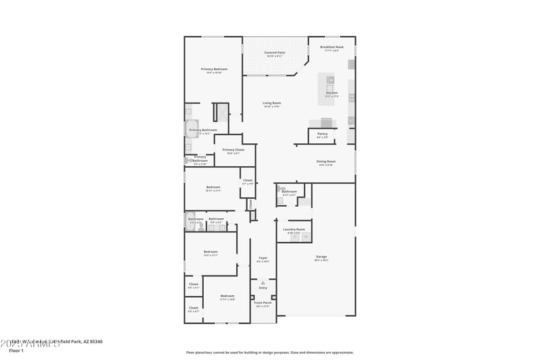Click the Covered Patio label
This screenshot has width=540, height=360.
coord(274,52)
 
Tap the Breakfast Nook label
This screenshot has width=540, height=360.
coord(332,47)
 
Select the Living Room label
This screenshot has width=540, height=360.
coord(271,103)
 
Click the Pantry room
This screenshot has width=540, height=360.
coord(322,135)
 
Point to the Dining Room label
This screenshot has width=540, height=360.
coord(326,161)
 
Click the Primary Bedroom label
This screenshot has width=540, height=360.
coord(214,69)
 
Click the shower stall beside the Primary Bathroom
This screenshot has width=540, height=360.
coord(221,112)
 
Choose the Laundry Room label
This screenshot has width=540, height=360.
coord(294,230)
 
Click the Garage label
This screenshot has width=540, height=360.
coord(321,257)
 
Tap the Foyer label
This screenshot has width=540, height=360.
coord(263,258)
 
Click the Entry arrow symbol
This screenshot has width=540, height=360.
coord(263,282)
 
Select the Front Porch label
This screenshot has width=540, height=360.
coord(263,303)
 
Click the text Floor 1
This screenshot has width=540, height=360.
coord(16,351)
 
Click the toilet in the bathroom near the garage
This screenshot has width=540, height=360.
coord(282,190)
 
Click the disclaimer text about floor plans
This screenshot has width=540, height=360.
coord(270,352)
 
